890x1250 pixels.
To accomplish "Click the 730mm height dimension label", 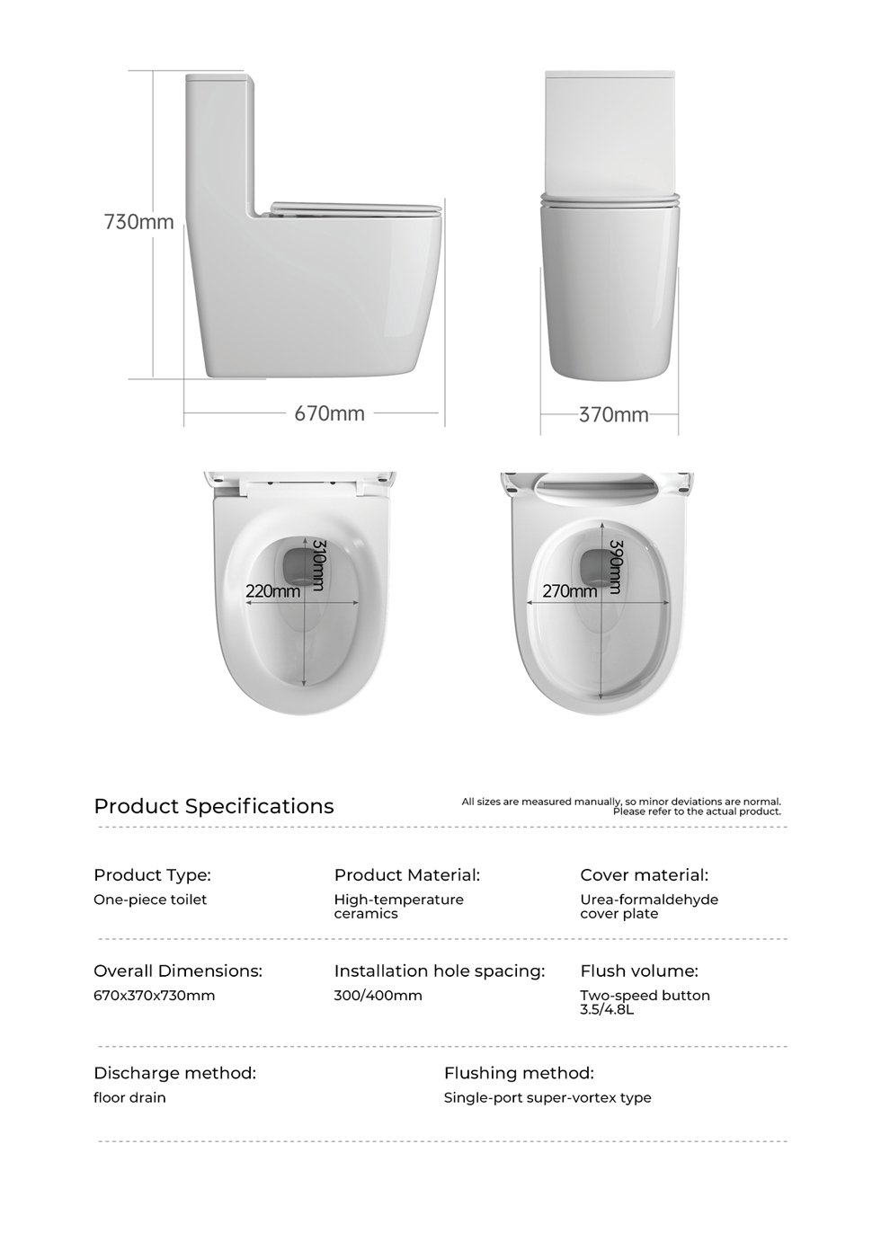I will coord(139,221).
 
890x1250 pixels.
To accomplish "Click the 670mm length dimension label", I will coord(330,413).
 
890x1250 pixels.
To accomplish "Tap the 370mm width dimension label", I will coord(614,414).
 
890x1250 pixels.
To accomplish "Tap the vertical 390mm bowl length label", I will coord(616,566).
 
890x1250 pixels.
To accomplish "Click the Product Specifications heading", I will coord(214,806).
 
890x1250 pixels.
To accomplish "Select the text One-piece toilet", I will coord(150,900).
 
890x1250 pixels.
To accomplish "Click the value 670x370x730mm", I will coord(155,996).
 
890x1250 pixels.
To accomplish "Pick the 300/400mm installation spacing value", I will coord(378,996).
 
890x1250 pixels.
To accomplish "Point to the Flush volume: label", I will coord(639,971).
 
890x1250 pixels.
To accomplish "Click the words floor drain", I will coord(130,1097).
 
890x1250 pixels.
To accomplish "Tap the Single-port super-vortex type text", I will coord(547,1097).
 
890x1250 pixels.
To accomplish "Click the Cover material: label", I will coord(645,874).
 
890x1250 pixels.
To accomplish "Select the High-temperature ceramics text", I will coord(399,906).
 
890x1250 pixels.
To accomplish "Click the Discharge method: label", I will coord(175,1073).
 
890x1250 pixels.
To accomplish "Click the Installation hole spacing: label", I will coord(440,971).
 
